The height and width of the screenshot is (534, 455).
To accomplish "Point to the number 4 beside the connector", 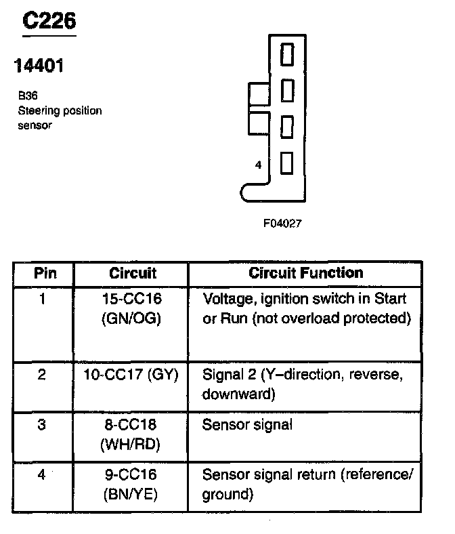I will point(258,165).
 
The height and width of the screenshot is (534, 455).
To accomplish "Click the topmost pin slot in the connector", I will point(286,54).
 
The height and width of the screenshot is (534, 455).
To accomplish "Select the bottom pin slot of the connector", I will point(286,163).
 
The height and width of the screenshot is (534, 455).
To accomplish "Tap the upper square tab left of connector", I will point(259,95).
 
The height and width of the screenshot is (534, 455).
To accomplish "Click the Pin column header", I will point(45,273).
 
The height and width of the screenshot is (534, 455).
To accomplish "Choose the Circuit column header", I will point(132,273).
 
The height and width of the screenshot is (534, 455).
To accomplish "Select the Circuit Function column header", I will point(306,273).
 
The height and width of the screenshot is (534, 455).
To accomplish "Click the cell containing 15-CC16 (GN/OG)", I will point(132,308).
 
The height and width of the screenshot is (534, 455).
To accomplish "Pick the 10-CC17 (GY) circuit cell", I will point(132,375).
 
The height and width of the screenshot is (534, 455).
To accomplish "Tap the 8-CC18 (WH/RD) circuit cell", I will point(132,434).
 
